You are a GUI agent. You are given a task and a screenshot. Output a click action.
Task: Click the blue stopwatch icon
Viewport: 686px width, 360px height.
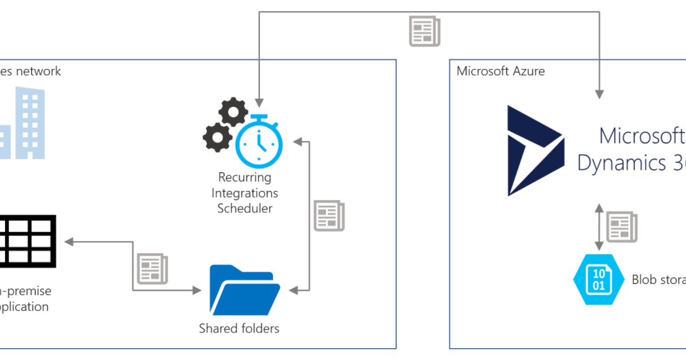pyautogui.click(x=259, y=142)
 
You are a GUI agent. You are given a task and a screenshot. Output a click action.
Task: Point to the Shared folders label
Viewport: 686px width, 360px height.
pyautogui.click(x=239, y=328)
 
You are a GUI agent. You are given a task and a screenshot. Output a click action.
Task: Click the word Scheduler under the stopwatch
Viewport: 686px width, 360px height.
pyautogui.click(x=244, y=209)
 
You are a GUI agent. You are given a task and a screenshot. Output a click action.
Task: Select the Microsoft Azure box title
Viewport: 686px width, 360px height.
pyautogui.click(x=501, y=71)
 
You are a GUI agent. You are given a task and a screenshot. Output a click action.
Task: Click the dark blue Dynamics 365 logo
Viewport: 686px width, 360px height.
pyautogui.click(x=535, y=150)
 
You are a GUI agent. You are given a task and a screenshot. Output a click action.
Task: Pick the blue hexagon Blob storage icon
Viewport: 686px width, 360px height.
pyautogui.click(x=598, y=280)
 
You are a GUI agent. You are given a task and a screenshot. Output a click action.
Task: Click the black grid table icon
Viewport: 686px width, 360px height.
pyautogui.click(x=27, y=241)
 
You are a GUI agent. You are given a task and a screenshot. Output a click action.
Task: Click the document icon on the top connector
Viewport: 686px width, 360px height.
pyautogui.click(x=424, y=31)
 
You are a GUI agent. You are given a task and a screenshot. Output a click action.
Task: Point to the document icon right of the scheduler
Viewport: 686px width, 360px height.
pyautogui.click(x=329, y=216)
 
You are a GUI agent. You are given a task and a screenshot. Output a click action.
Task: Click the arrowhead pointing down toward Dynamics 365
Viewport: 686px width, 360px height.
pyautogui.click(x=600, y=94)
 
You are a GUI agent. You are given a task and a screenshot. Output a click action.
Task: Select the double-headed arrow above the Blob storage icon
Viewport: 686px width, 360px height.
pyautogui.click(x=598, y=227)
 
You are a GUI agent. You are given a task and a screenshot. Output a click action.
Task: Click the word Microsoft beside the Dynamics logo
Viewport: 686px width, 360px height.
pyautogui.click(x=641, y=136)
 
